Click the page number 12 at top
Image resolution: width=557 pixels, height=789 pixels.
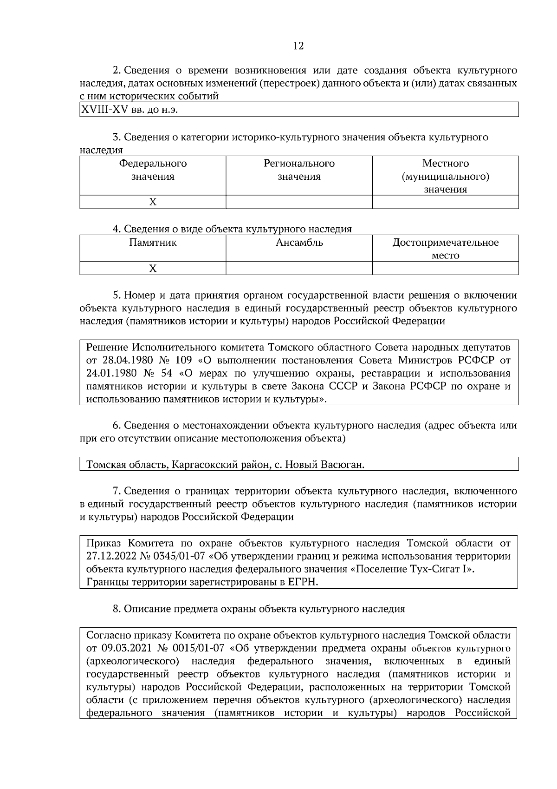(298, 46)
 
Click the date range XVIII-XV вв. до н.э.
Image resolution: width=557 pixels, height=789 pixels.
(130, 110)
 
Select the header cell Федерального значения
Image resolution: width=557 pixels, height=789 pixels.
(153, 170)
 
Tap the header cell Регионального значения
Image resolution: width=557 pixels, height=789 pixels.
(299, 170)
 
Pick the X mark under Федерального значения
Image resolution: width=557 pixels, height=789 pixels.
(153, 202)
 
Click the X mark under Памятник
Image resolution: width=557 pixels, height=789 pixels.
(153, 269)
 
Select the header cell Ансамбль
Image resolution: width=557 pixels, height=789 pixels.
(299, 243)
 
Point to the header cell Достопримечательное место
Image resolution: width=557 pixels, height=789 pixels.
(445, 249)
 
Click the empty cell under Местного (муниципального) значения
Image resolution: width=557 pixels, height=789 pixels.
(445, 202)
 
